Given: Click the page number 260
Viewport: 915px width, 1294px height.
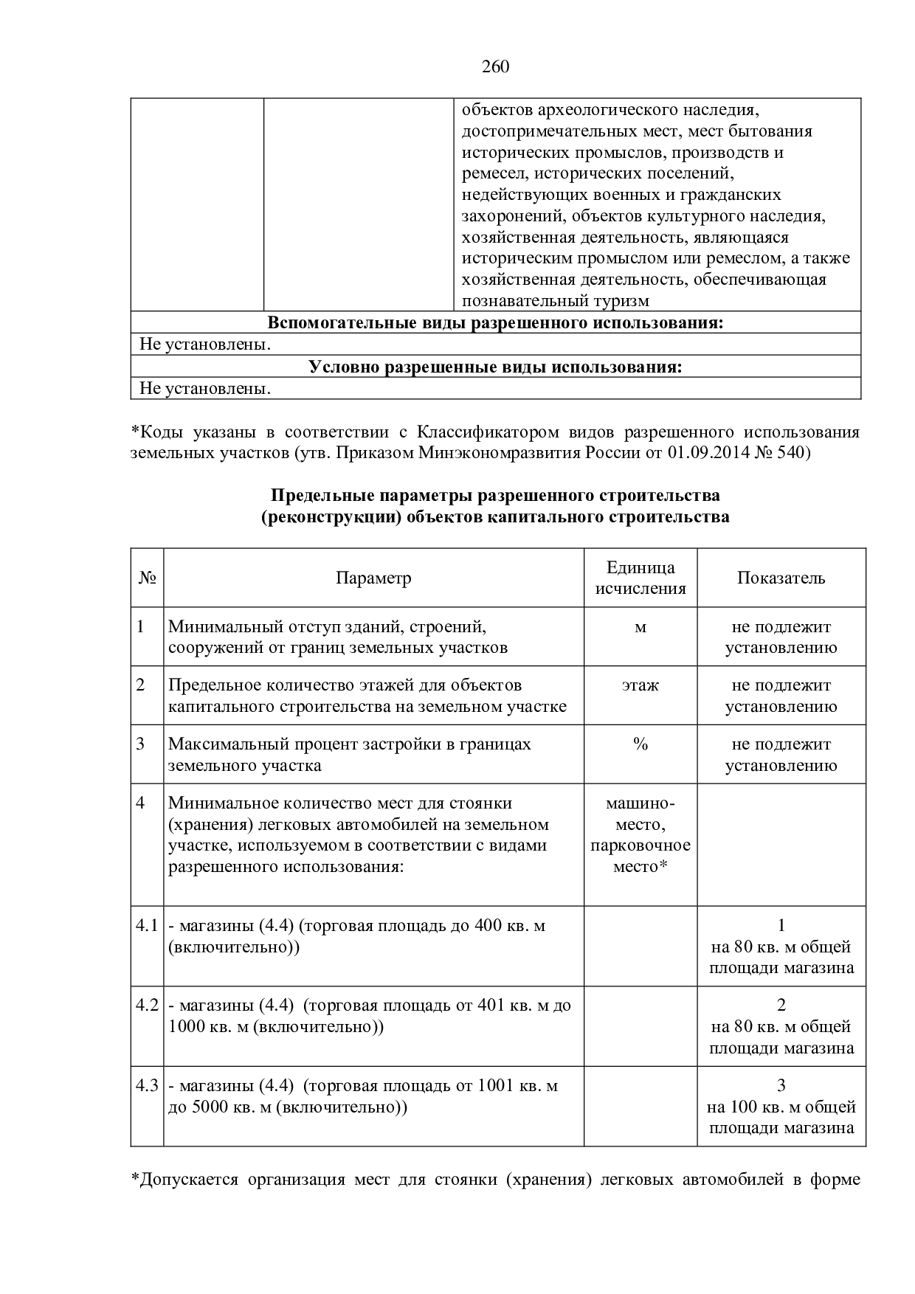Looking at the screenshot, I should pyautogui.click(x=495, y=67).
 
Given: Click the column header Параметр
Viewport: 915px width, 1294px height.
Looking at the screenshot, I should pyautogui.click(x=373, y=578).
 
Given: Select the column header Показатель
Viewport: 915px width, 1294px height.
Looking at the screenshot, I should pyautogui.click(x=781, y=578).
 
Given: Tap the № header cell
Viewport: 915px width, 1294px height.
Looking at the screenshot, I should pyautogui.click(x=148, y=578).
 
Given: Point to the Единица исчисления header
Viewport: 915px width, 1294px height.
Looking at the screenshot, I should pyautogui.click(x=640, y=578).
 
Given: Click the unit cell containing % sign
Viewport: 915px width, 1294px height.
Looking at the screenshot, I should pyautogui.click(x=640, y=744).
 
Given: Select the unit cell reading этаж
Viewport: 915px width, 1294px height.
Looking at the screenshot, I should pyautogui.click(x=640, y=685).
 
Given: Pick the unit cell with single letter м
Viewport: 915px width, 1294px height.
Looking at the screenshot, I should pyautogui.click(x=640, y=627).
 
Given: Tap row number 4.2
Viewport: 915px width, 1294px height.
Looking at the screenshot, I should pyautogui.click(x=148, y=1006).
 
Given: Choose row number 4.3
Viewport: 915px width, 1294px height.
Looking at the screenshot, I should pyautogui.click(x=148, y=1086).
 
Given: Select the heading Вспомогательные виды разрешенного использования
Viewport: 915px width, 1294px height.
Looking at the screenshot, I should pyautogui.click(x=495, y=323).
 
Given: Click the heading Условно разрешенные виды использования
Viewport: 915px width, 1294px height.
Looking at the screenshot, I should pyautogui.click(x=495, y=367).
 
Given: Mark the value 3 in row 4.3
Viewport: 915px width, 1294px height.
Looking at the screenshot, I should pyautogui.click(x=781, y=1086).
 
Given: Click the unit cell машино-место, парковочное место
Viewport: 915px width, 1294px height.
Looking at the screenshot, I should pyautogui.click(x=640, y=834).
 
